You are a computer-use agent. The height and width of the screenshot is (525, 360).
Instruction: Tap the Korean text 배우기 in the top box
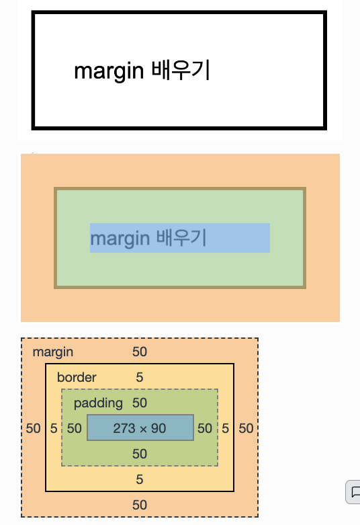[181, 70]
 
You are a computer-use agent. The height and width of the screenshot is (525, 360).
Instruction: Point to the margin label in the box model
[53, 352]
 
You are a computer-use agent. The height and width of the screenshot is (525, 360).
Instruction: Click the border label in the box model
[77, 377]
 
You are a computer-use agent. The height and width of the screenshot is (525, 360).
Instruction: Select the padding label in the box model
[98, 403]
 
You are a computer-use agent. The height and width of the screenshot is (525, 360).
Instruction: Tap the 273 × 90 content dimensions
[140, 428]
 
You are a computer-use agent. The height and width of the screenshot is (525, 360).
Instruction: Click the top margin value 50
[140, 352]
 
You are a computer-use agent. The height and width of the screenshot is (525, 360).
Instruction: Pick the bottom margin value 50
[140, 505]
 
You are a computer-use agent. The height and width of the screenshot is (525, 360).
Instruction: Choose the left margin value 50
[33, 429]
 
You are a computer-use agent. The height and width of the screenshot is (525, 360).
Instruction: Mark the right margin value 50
[246, 429]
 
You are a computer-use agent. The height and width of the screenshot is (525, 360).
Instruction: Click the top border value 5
[140, 377]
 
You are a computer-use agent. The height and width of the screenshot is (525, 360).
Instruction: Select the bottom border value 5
[140, 479]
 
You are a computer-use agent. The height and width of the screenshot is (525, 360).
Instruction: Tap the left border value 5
[54, 429]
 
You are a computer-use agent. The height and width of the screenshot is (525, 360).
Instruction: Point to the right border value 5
[226, 429]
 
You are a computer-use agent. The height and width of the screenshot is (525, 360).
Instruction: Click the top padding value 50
[140, 403]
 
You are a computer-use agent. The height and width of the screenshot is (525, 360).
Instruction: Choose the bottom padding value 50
[140, 454]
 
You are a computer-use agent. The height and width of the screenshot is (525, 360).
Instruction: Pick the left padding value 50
[75, 429]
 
